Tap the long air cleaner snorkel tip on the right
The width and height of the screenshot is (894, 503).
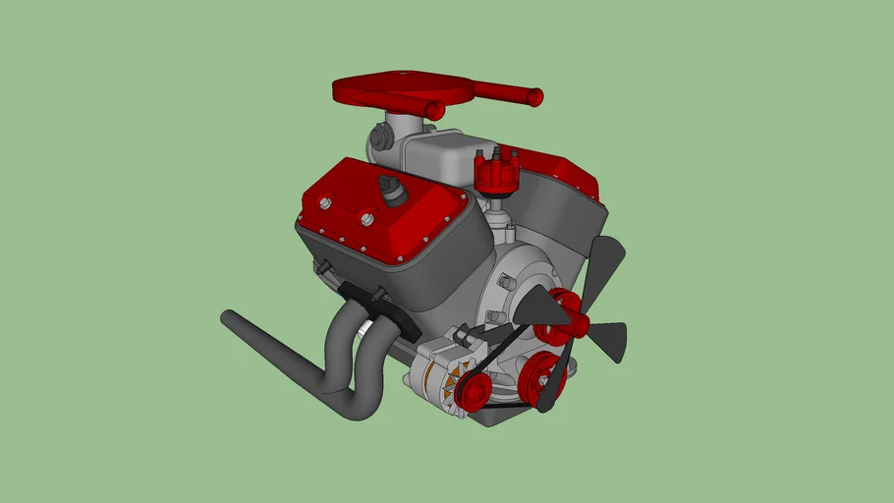click(534, 96)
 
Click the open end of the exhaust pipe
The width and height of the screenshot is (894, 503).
click(227, 318)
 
